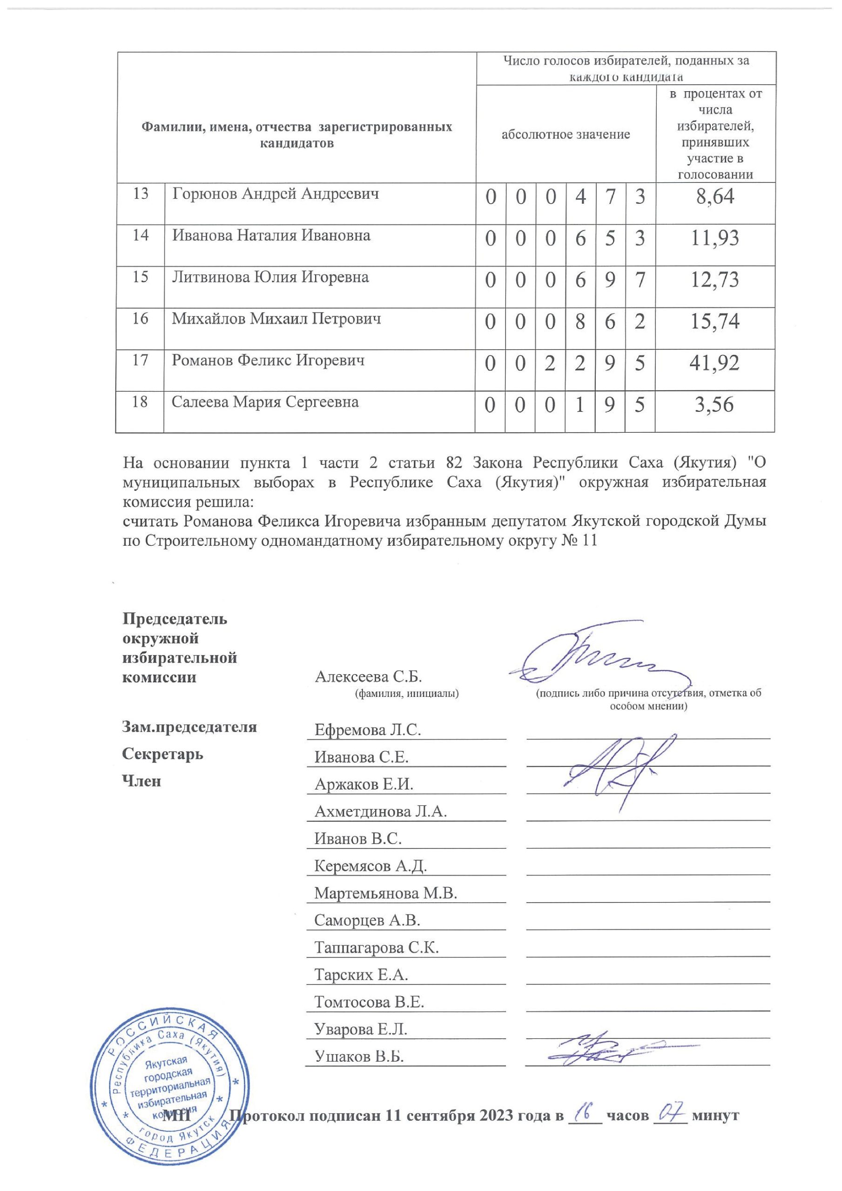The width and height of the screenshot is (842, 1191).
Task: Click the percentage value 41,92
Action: [714, 363]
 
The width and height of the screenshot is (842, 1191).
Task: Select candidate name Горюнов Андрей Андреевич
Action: [275, 194]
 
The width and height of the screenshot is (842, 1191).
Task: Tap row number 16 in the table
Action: [140, 319]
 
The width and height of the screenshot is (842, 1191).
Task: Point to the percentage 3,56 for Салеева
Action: [714, 405]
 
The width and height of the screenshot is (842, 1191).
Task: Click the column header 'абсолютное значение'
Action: [566, 135]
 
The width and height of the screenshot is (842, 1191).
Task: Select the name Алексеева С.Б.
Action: [368, 676]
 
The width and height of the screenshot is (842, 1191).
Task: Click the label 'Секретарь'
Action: [162, 754]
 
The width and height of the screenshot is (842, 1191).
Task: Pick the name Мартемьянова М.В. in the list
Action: [385, 893]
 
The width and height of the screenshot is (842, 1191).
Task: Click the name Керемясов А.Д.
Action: [370, 866]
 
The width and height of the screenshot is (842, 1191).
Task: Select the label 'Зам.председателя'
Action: [189, 727]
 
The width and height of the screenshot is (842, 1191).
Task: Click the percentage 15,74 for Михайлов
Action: [714, 321]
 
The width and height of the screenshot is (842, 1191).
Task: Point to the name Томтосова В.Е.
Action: [369, 1002]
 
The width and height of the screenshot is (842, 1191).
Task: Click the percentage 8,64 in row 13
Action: [715, 197]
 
